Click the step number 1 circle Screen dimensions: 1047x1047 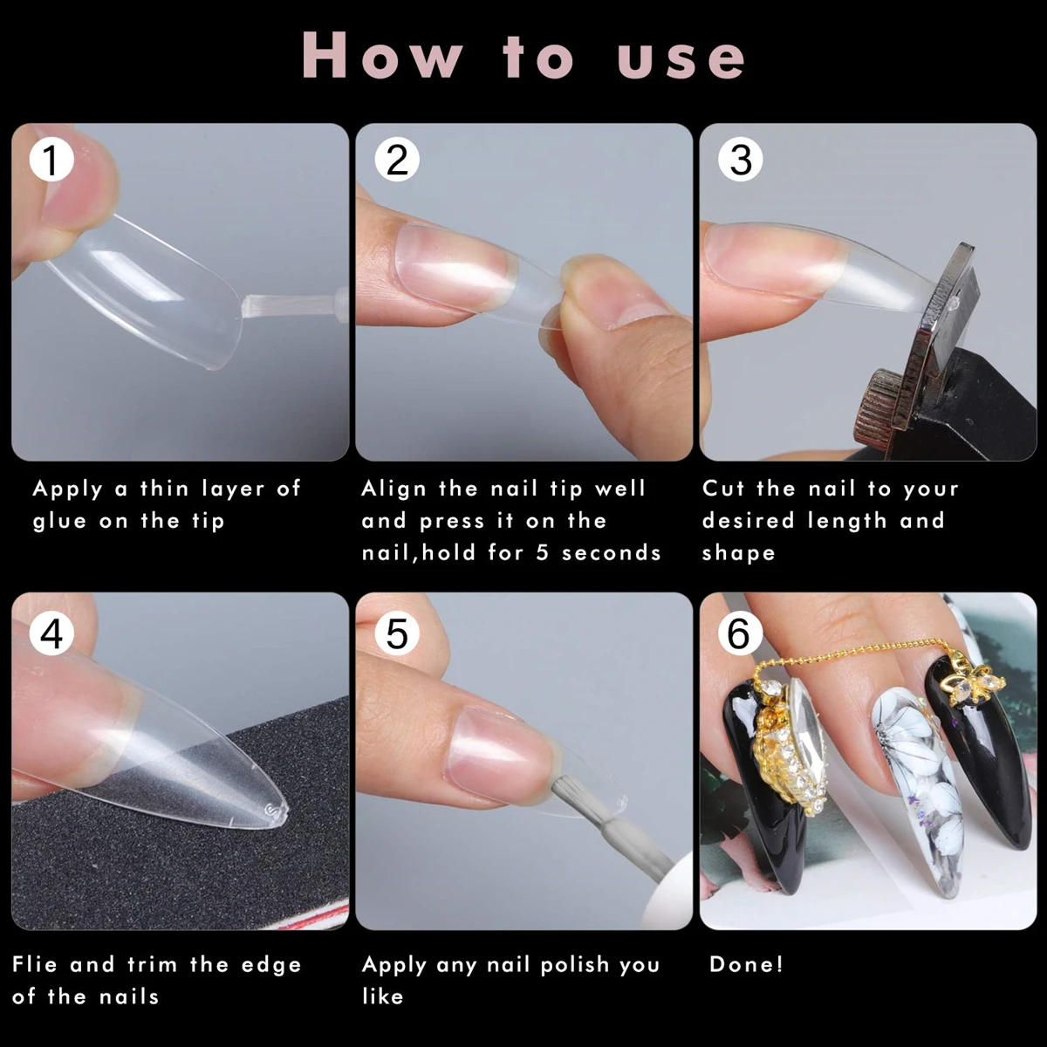pos(51,160)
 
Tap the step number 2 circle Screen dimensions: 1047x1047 pos(397,160)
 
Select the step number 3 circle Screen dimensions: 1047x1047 pos(741,160)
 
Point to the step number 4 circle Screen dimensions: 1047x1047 pos(51,633)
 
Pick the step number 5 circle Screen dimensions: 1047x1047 pos(397,633)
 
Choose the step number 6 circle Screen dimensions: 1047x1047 pos(741,633)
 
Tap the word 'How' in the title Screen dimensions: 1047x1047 pos(382,56)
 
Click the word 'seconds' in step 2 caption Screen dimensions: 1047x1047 pos(612,553)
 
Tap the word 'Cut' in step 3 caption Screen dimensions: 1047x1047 pos(723,489)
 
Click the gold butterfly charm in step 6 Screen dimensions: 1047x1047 pos(975,682)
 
